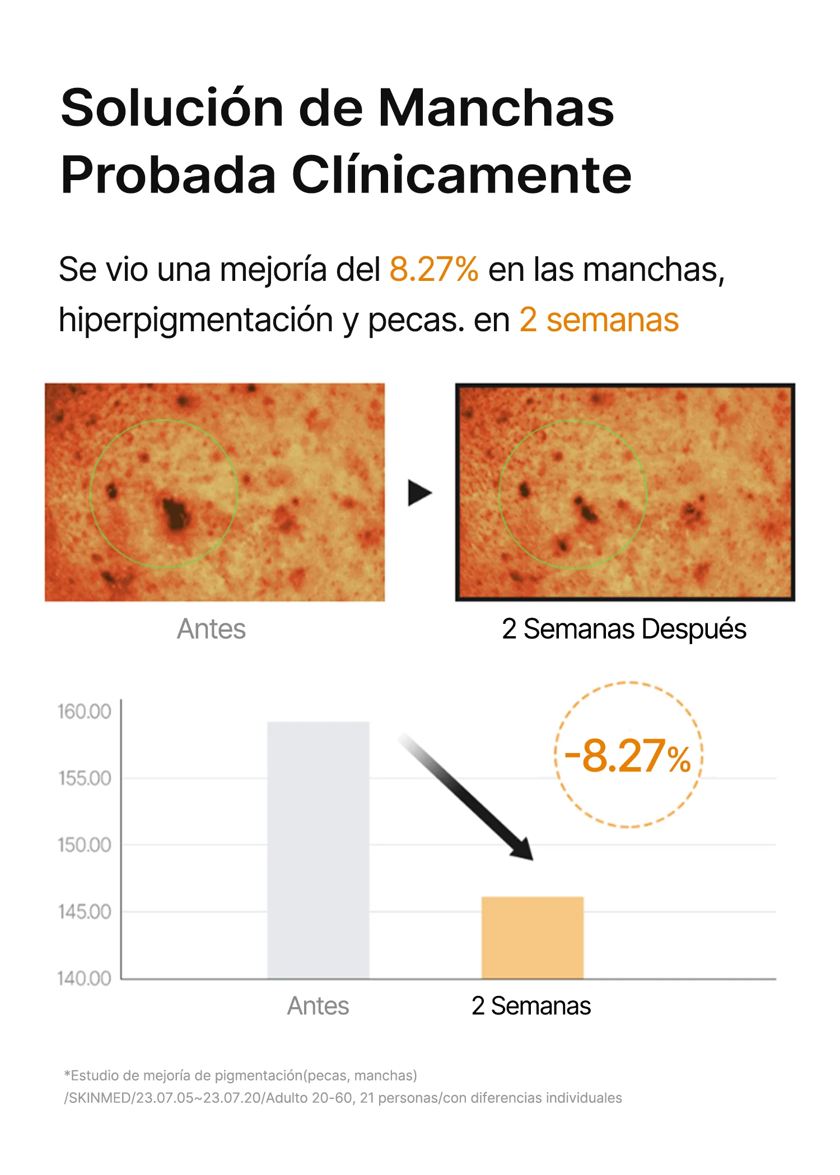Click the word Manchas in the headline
click(x=496, y=108)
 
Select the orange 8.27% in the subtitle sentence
click(x=434, y=270)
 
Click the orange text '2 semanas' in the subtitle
click(x=599, y=320)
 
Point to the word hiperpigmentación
click(x=196, y=320)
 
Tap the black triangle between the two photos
click(x=419, y=493)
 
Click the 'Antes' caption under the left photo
click(x=211, y=629)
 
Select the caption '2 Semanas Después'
click(x=624, y=629)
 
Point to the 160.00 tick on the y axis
click(x=85, y=712)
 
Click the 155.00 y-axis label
click(x=85, y=778)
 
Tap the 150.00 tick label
click(x=85, y=845)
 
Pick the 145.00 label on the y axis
click(x=85, y=912)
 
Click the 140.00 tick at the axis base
click(x=85, y=979)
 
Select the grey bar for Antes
click(x=318, y=850)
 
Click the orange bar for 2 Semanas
click(x=532, y=938)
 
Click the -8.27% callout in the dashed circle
click(x=628, y=756)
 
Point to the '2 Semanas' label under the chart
click(x=531, y=1006)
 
